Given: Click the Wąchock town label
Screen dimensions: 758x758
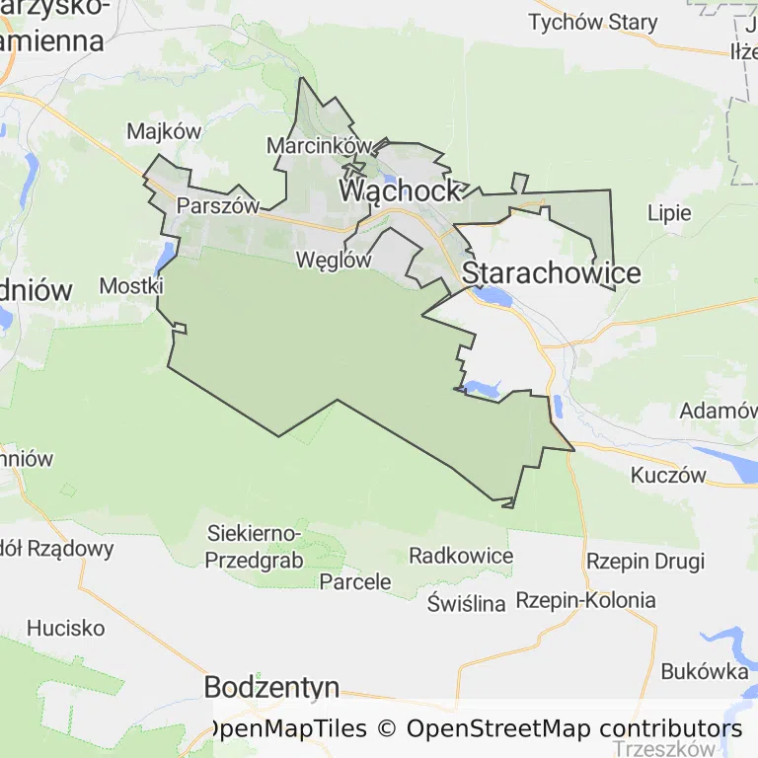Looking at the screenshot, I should (x=400, y=190).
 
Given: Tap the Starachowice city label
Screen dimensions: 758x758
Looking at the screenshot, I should (x=551, y=272).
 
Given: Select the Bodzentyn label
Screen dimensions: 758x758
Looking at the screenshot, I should (x=271, y=688).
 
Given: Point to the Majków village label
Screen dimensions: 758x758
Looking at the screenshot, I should (x=164, y=131).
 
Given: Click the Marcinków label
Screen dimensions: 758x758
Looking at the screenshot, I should (x=319, y=146).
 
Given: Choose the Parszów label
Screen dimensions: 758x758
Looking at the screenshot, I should (x=217, y=207).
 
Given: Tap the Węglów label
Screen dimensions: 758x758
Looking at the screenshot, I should (x=334, y=261).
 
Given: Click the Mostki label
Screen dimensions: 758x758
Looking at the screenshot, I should (x=131, y=286).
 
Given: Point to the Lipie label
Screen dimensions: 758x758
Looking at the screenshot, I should (x=669, y=213).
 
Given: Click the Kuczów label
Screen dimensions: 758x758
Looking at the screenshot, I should (x=668, y=476).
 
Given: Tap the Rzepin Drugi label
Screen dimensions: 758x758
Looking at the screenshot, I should (x=645, y=562).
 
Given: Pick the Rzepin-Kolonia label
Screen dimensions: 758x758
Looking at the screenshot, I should (x=585, y=600).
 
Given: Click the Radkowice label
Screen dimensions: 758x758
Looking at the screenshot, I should (x=461, y=556).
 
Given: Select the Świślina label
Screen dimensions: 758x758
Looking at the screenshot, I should (x=467, y=602).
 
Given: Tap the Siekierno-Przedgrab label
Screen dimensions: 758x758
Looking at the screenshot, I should (x=255, y=546).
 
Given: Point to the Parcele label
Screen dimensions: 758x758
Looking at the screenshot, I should (x=355, y=581).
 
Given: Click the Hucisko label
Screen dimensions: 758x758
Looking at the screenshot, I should (x=65, y=628).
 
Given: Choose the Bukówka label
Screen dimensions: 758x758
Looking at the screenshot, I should (x=704, y=672).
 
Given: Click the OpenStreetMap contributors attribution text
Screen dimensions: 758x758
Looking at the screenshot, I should (x=574, y=729).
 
